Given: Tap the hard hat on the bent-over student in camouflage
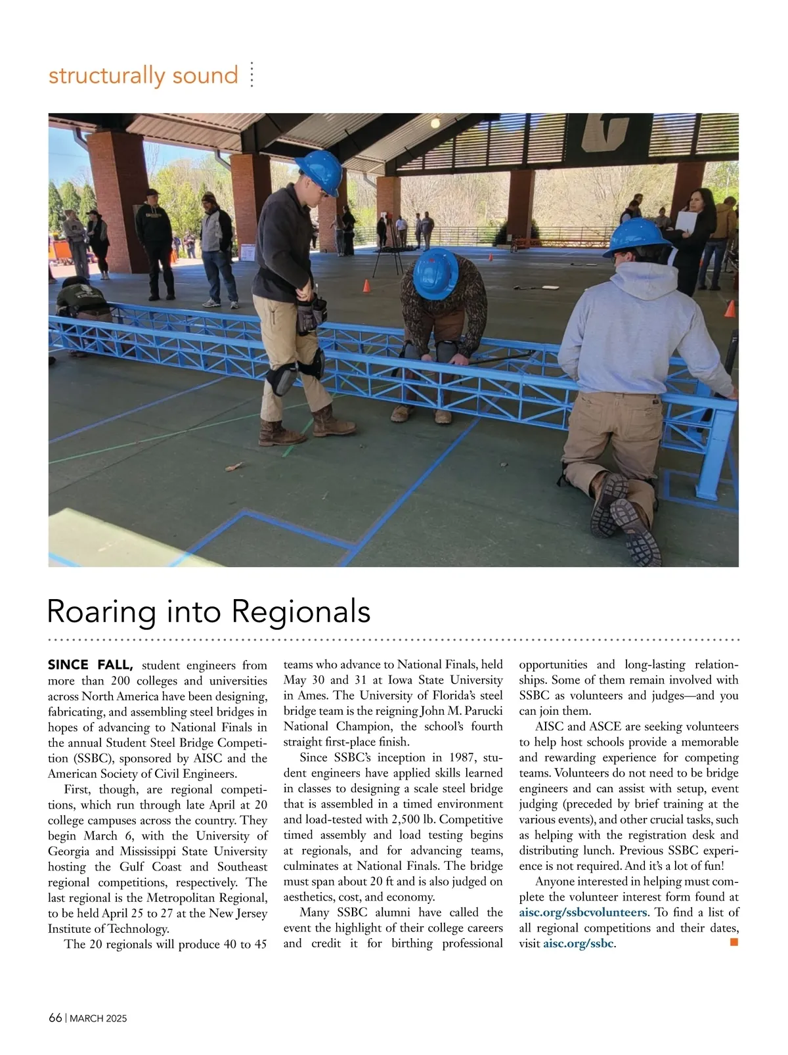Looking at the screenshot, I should click(436, 275).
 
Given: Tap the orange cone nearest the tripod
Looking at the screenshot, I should click(366, 286).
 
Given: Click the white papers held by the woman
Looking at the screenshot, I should click(688, 221).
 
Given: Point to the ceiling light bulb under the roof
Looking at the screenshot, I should click(435, 122).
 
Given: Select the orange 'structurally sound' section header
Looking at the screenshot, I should click(143, 76).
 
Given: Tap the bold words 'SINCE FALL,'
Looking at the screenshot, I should click(91, 665).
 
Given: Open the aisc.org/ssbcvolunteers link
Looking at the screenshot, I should click(582, 912).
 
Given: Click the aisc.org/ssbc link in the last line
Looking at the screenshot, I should click(579, 944).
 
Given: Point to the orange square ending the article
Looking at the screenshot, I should click(733, 943).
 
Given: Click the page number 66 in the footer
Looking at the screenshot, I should click(55, 1018).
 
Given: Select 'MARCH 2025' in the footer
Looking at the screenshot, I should click(98, 1019).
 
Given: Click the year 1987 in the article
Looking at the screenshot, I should click(450, 757).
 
